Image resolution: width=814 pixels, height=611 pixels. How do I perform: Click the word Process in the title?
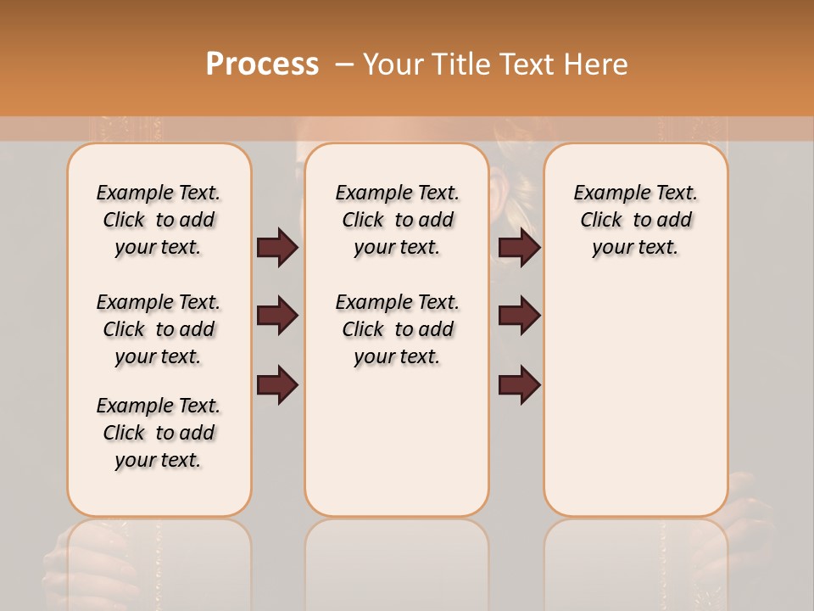(262, 64)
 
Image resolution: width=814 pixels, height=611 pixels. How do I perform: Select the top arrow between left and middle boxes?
(277, 248)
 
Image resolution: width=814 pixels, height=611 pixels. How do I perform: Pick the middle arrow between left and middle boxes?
(277, 317)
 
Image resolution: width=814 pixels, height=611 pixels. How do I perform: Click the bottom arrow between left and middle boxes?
(277, 385)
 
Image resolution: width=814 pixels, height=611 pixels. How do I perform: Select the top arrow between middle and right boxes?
(519, 248)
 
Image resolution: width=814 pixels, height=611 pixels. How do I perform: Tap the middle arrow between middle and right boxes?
(519, 317)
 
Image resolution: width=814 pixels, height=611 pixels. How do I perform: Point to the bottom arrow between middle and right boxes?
(519, 385)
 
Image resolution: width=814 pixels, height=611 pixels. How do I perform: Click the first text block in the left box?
(159, 220)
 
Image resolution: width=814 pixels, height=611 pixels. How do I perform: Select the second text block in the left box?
(159, 329)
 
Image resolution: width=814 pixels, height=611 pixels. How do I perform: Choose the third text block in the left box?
(159, 433)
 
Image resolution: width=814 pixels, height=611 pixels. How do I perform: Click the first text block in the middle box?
(397, 220)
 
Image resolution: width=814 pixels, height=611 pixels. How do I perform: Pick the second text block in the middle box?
(397, 329)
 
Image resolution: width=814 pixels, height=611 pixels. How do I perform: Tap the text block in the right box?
(635, 220)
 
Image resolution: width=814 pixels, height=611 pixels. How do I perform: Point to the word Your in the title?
(390, 64)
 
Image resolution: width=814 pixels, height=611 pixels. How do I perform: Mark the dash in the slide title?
(343, 64)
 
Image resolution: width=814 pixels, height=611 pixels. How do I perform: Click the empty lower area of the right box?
(635, 407)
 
